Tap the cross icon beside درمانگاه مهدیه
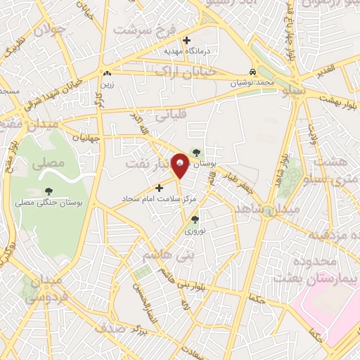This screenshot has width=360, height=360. pyautogui.click(x=186, y=40)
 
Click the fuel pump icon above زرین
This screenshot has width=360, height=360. pyautogui.click(x=107, y=73)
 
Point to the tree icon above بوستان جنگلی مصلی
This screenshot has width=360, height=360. pyautogui.click(x=49, y=191)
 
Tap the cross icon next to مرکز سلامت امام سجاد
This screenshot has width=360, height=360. pyautogui.click(x=160, y=188)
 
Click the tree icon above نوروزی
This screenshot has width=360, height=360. pyautogui.click(x=194, y=219)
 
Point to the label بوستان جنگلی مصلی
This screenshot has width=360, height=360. pyautogui.click(x=49, y=202)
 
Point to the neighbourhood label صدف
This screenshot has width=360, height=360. pyautogui.click(x=110, y=328)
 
